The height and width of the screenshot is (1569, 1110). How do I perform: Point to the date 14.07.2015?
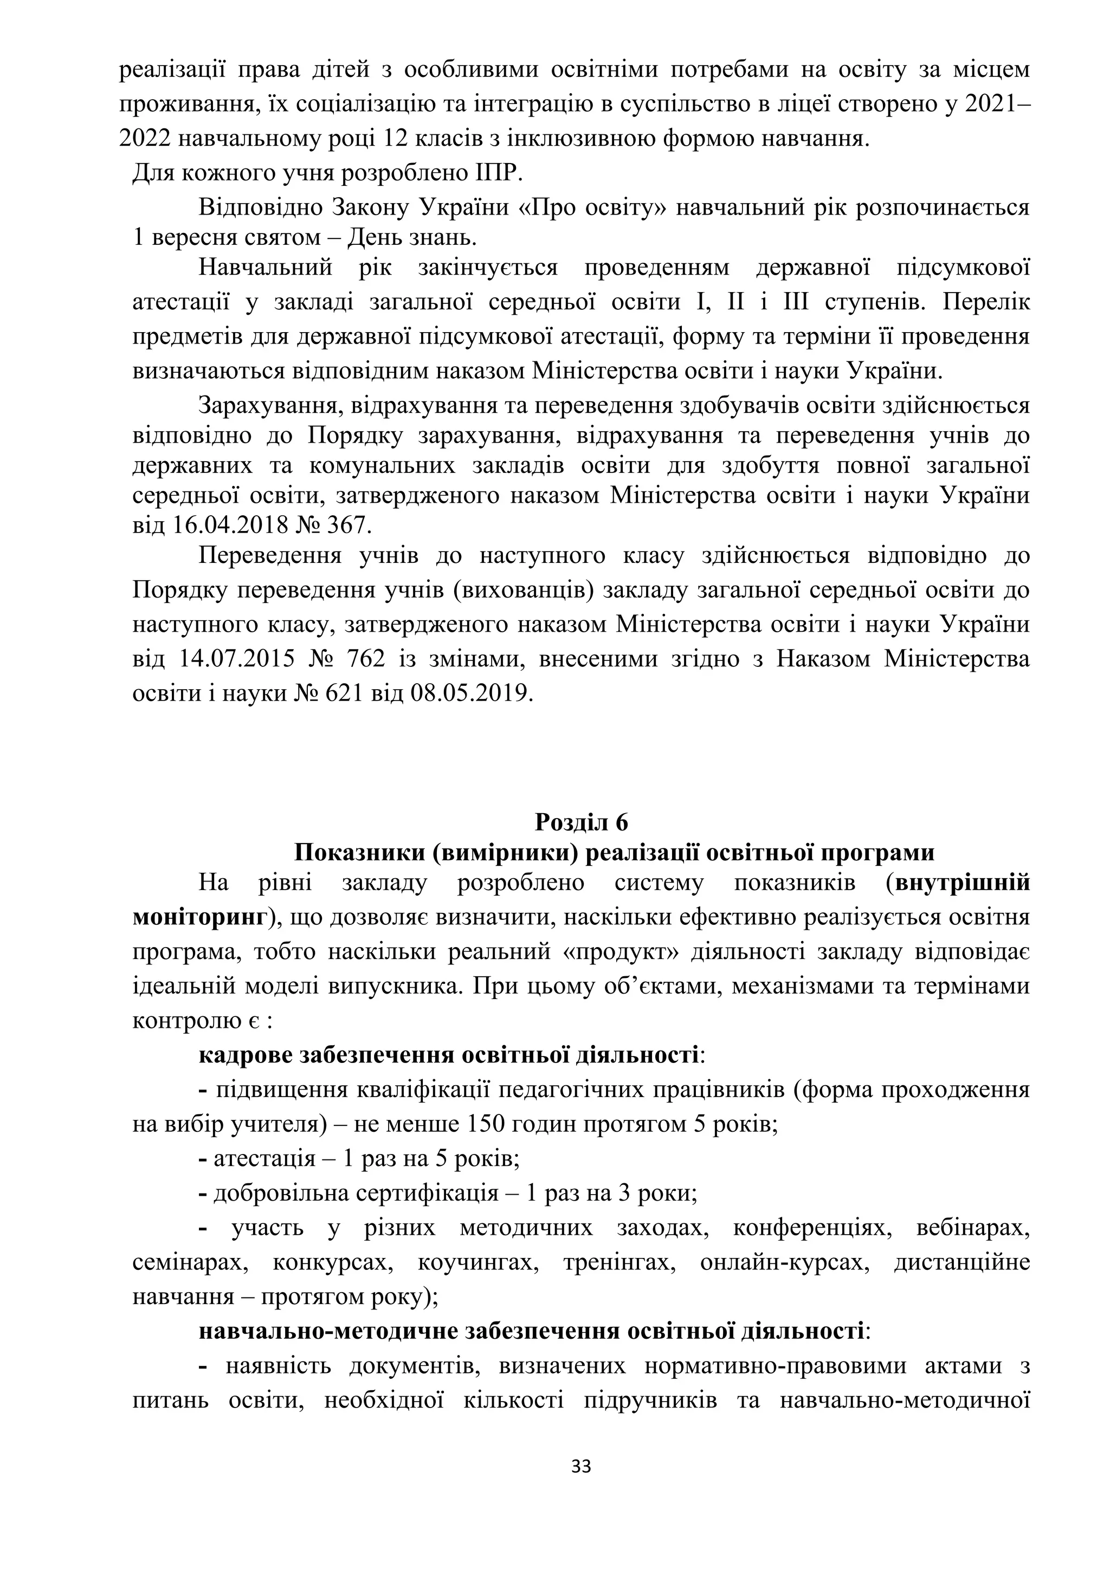(237, 659)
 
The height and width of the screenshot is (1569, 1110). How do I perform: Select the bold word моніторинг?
(199, 917)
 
